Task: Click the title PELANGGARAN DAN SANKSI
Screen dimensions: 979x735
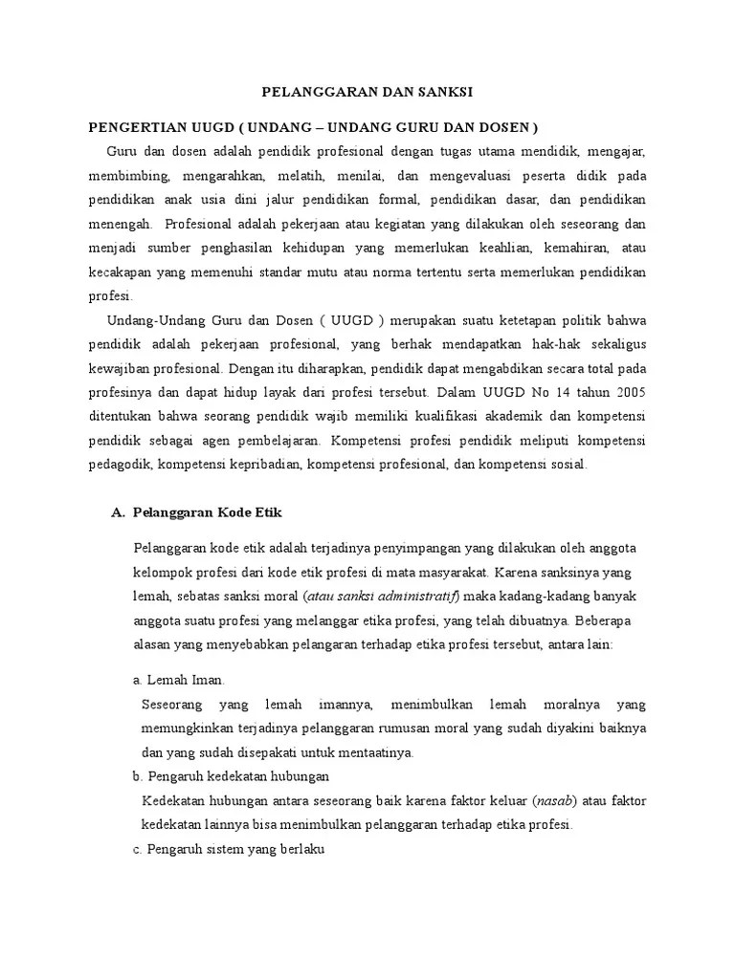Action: tap(367, 92)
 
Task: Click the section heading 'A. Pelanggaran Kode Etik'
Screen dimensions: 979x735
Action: tap(197, 512)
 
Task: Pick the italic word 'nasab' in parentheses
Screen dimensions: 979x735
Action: tap(552, 799)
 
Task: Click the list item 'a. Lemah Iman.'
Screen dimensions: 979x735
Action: tap(179, 680)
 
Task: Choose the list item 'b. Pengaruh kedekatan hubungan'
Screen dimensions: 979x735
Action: tap(231, 775)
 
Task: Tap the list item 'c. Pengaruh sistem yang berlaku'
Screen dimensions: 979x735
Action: tap(230, 848)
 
